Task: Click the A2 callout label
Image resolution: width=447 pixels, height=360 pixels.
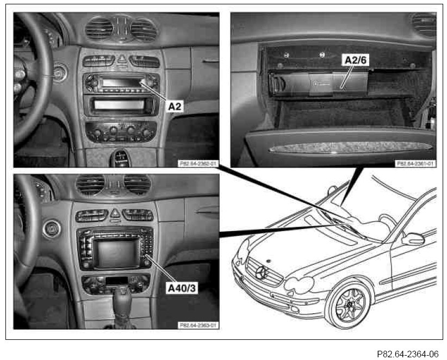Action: pyautogui.click(x=175, y=107)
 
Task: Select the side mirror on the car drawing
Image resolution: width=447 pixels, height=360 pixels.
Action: pyautogui.click(x=413, y=239)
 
